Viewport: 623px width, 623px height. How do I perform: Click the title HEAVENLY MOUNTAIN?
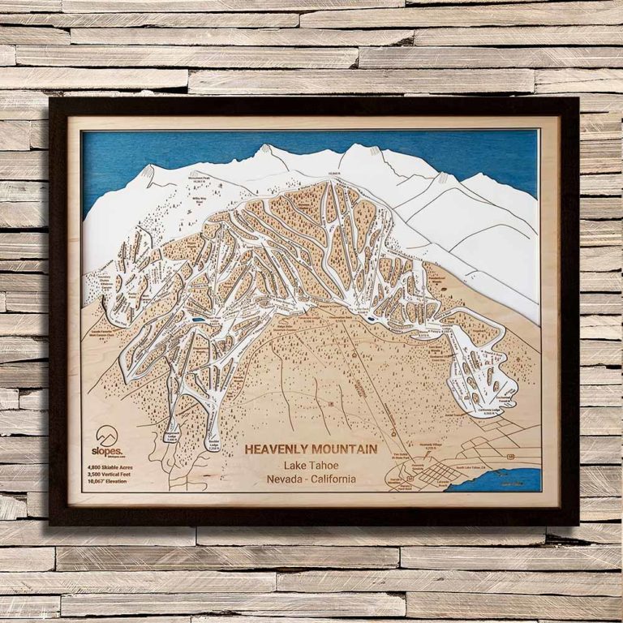pyautogui.click(x=311, y=449)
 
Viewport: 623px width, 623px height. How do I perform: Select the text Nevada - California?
pyautogui.click(x=311, y=479)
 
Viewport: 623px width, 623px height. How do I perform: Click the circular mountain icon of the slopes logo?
pyautogui.click(x=107, y=436)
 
